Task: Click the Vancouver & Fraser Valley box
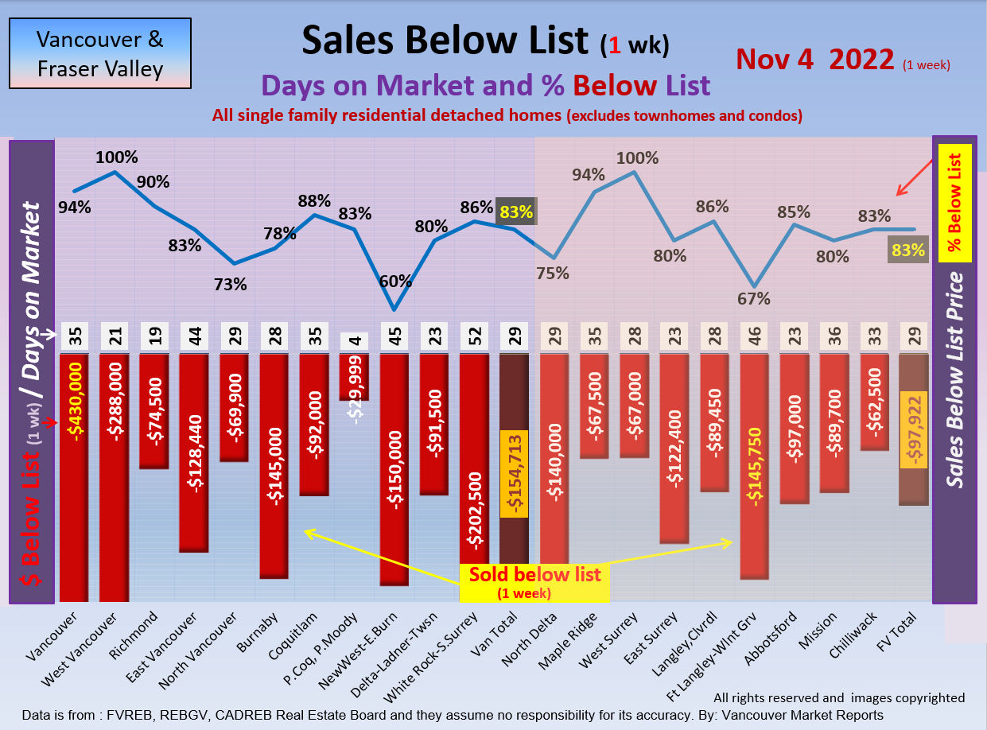(99, 53)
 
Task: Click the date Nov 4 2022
(815, 59)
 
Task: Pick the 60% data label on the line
(395, 281)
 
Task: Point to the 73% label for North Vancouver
(231, 284)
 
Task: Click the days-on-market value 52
(474, 336)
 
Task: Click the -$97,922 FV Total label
(912, 429)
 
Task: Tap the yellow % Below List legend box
(954, 204)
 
